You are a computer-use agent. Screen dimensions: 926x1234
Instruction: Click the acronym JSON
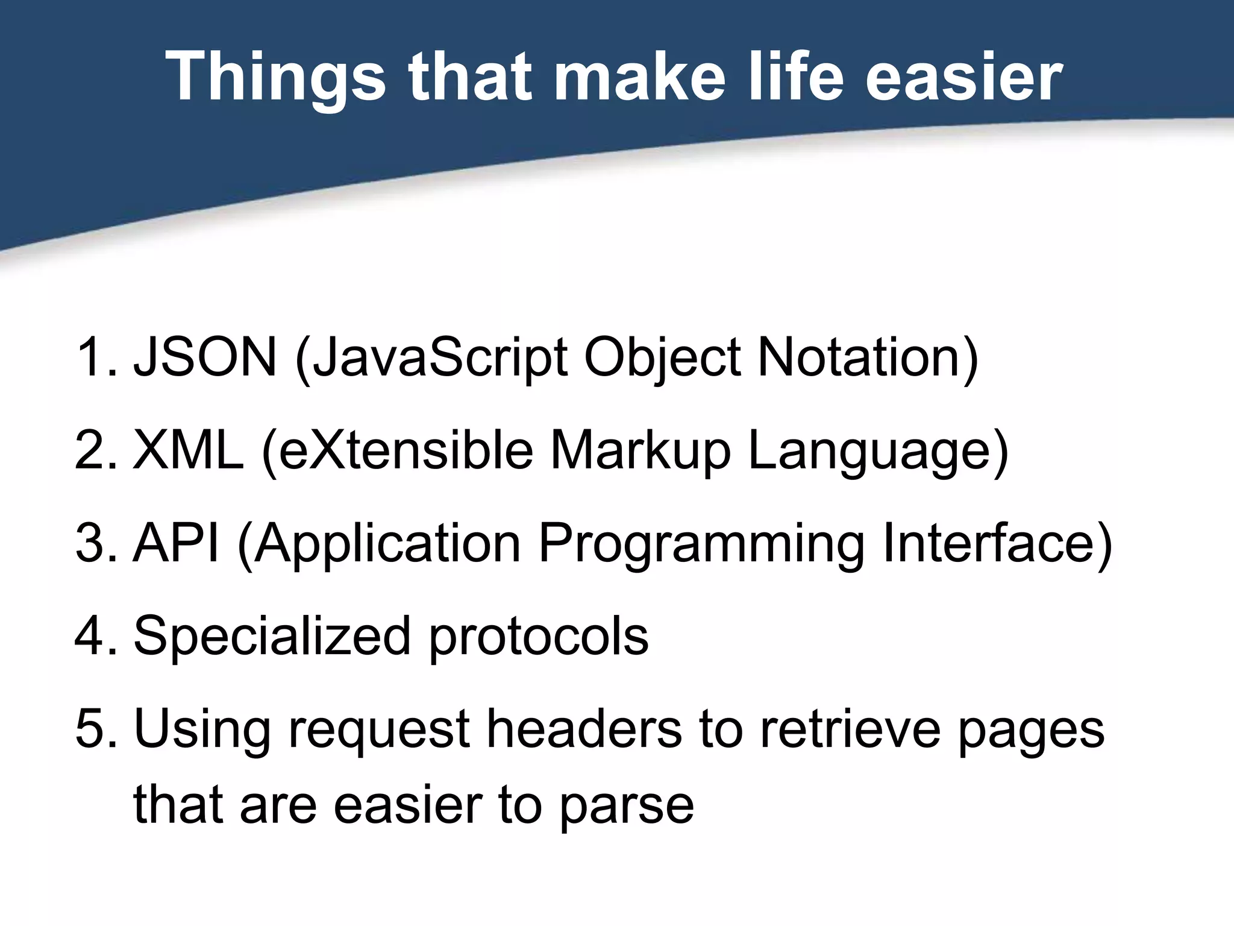[x=205, y=357]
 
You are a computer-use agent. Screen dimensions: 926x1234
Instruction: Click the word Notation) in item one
[x=868, y=357]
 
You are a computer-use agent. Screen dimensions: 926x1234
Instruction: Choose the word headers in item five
[x=584, y=729]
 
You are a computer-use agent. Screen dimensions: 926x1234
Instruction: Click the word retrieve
[x=850, y=729]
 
